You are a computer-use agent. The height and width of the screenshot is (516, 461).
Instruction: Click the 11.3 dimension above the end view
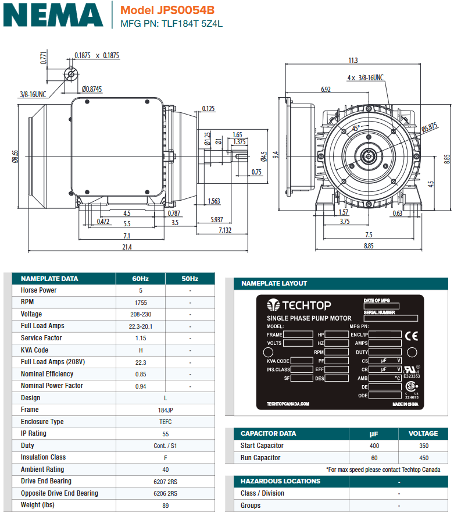pyautogui.click(x=353, y=61)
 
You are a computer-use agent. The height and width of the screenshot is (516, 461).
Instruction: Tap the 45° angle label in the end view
pyautogui.click(x=356, y=127)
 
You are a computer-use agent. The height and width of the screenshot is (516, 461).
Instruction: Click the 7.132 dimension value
pyautogui.click(x=225, y=231)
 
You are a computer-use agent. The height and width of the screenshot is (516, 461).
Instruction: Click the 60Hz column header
pyautogui.click(x=140, y=279)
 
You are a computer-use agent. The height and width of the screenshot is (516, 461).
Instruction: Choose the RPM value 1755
pyautogui.click(x=140, y=303)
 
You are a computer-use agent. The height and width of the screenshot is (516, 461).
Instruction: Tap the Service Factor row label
pyautogui.click(x=41, y=338)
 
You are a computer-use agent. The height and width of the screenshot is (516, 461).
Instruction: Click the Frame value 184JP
pyautogui.click(x=165, y=410)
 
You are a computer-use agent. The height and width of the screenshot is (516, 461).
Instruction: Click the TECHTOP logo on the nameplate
pyautogui.click(x=299, y=305)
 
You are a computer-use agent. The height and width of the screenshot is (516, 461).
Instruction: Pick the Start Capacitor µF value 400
pyautogui.click(x=374, y=446)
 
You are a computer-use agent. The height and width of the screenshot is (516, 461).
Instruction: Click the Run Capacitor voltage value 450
pyautogui.click(x=423, y=458)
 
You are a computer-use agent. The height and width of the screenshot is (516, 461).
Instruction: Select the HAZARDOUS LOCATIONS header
pyautogui.click(x=280, y=481)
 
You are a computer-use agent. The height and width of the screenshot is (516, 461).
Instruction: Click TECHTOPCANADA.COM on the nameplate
pyautogui.click(x=288, y=404)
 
